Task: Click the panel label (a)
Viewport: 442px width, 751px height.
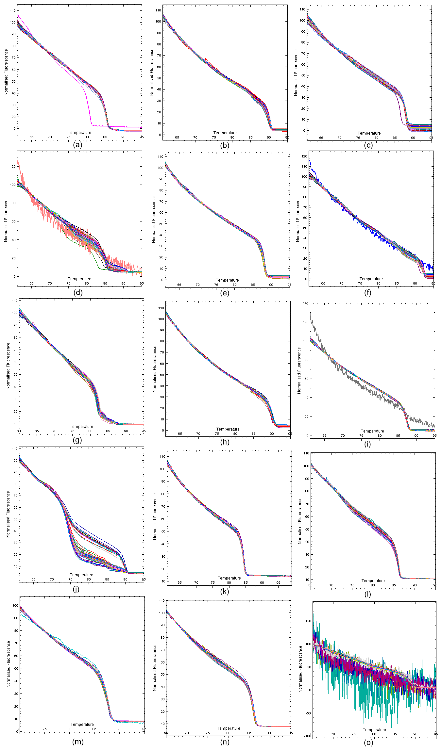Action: click(77, 145)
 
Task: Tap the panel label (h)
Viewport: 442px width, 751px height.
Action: click(225, 442)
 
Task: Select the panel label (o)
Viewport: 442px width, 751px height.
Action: click(368, 742)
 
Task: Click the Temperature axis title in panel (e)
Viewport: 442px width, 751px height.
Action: click(227, 280)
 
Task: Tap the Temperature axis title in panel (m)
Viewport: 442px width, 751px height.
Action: click(82, 724)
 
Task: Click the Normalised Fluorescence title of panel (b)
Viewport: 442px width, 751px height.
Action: click(152, 72)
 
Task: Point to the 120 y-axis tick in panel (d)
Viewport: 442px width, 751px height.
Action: click(12, 167)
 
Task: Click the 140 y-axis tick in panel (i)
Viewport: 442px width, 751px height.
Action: click(305, 303)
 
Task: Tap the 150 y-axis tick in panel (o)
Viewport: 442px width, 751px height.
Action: click(308, 621)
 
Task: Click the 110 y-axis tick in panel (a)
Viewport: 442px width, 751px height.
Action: click(12, 11)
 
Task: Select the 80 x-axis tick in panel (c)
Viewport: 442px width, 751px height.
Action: click(376, 138)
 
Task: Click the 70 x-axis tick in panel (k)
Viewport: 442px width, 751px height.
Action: click(196, 582)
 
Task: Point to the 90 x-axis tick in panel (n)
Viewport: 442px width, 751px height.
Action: click(270, 733)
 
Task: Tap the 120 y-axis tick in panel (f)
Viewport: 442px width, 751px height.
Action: click(304, 156)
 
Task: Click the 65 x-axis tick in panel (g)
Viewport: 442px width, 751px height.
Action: click(37, 431)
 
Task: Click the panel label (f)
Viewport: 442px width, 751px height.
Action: click(368, 293)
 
